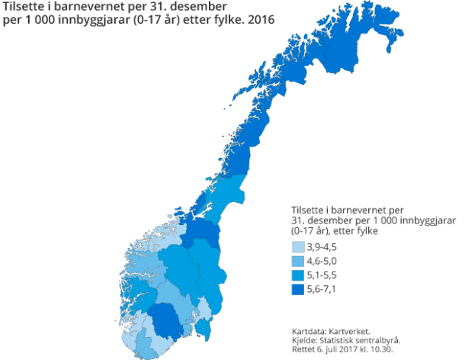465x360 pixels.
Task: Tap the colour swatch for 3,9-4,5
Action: point(298,248)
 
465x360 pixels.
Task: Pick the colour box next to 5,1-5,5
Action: point(298,275)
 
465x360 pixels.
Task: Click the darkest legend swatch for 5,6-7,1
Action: point(298,290)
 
